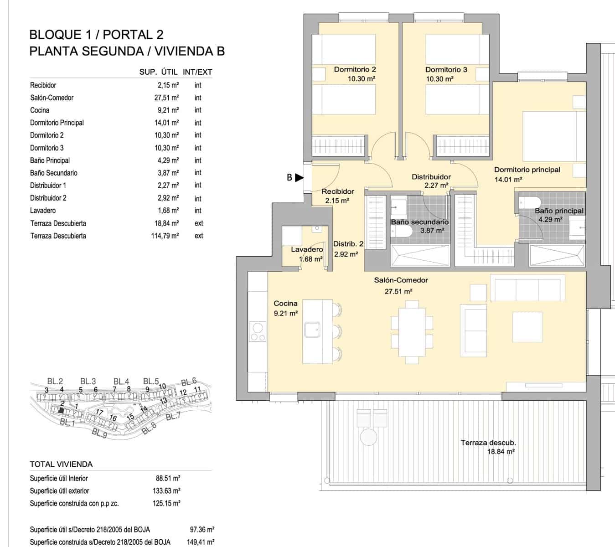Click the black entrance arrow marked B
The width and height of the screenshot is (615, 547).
[299, 178]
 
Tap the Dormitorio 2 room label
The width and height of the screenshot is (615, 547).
[355, 70]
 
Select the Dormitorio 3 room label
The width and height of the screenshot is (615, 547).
[446, 70]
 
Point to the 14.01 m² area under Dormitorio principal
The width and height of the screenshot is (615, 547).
[508, 180]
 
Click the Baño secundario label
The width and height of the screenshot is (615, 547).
[419, 222]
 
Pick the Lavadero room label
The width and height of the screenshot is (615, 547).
[307, 249]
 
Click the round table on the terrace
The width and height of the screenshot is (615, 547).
[368, 437]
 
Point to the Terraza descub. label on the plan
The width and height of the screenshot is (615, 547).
[488, 443]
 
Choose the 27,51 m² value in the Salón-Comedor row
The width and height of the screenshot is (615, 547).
[166, 98]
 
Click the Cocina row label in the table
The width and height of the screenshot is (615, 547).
[40, 110]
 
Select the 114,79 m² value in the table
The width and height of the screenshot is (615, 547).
[165, 236]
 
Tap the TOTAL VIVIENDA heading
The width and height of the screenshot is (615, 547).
[61, 464]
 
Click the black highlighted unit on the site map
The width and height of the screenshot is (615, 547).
[62, 410]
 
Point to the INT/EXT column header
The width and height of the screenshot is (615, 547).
[197, 72]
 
